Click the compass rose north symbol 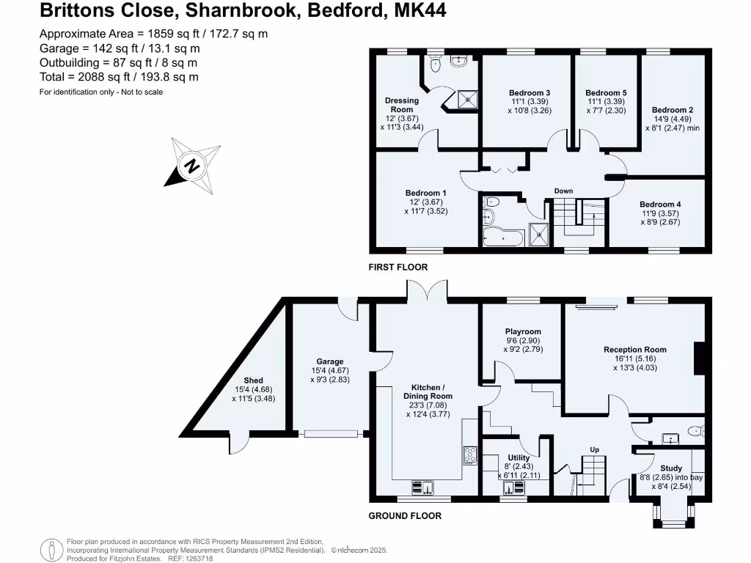192,166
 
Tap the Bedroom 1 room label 426,193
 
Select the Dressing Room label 402,105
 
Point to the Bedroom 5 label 606,93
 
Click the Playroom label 523,331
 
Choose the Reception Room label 635,350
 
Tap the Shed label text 253,380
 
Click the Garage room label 330,361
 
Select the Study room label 671,468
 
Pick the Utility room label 519,457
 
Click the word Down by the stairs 564,191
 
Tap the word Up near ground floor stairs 594,449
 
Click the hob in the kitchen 470,455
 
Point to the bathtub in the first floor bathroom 502,238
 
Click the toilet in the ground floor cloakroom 695,431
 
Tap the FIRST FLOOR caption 398,267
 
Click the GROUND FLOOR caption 405,515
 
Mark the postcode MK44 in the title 420,10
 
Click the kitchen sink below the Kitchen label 423,487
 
